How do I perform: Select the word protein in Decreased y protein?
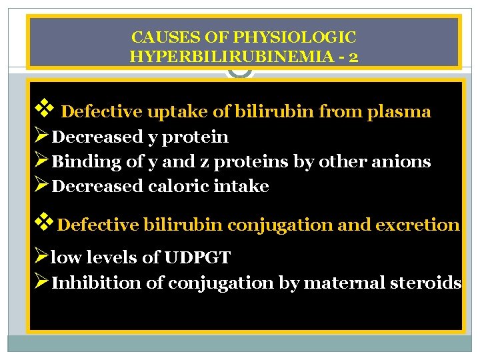pos(198,137)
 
